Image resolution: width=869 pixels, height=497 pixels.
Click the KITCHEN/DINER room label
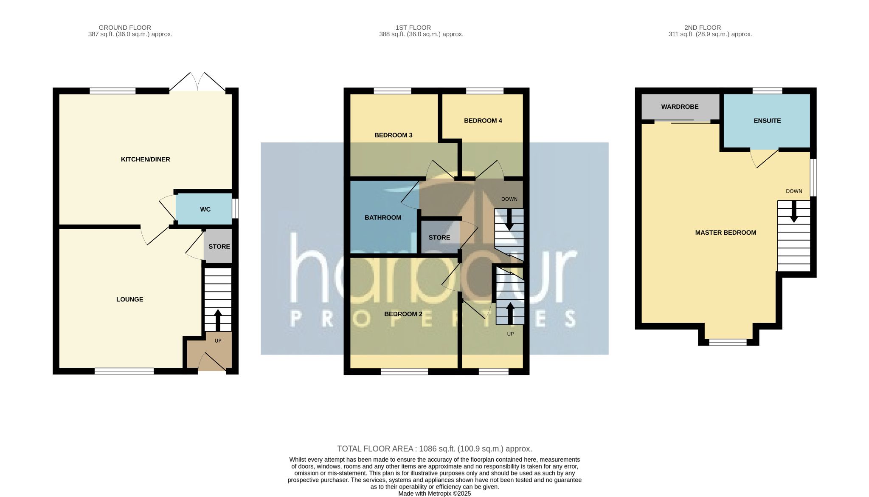coord(145,159)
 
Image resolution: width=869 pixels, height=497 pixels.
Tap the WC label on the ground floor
coord(205,210)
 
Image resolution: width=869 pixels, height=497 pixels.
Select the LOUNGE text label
coord(129,299)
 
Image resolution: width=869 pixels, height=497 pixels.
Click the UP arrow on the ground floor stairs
coord(218,320)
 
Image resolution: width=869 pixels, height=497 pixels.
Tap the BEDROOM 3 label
coord(393,135)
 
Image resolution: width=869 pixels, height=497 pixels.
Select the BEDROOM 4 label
coord(483,121)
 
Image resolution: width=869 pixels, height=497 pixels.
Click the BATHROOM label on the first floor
coord(382,218)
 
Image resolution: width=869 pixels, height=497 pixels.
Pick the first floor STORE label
coord(439,238)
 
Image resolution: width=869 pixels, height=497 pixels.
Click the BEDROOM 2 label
coord(403,314)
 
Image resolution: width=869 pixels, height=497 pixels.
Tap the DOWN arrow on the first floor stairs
coord(509,220)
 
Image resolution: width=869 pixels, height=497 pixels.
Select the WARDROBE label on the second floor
coord(679,107)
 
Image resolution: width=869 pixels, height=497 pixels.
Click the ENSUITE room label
coord(767,121)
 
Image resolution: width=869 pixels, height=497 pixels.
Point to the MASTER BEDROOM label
coord(725,233)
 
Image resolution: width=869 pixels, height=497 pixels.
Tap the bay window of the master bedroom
coord(728,342)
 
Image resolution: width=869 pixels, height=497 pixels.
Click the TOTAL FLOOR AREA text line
coord(434,449)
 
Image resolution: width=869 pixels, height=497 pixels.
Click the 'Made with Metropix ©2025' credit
coord(434,494)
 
